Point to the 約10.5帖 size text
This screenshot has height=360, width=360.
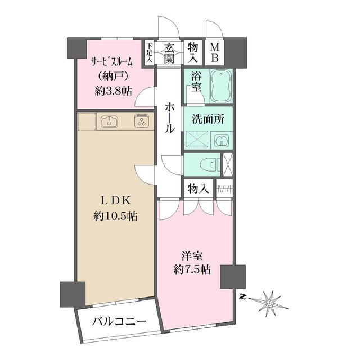click(x=117, y=215)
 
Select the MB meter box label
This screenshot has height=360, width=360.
click(x=214, y=53)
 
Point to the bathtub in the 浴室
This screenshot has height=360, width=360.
click(x=222, y=85)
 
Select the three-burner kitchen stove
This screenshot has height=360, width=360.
click(x=141, y=121)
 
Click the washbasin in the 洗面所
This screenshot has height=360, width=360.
click(x=221, y=140)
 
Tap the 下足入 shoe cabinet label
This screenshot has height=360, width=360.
click(x=150, y=53)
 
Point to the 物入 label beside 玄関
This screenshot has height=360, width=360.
click(x=193, y=53)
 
